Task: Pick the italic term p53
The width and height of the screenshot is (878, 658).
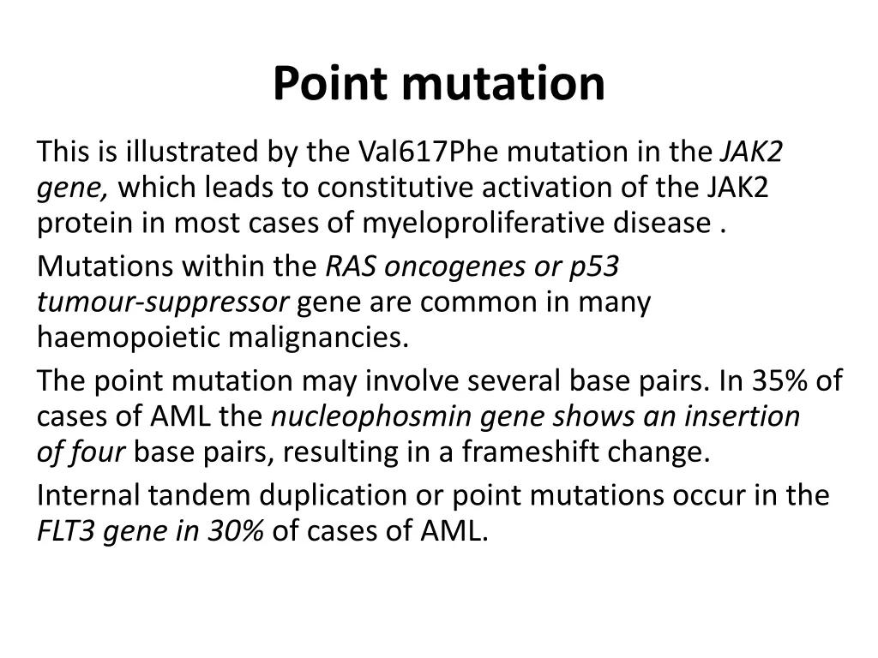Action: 593,267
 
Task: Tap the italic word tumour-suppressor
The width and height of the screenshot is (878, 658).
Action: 162,302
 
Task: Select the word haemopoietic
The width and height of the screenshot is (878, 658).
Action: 129,338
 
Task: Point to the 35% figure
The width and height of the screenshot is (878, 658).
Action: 777,380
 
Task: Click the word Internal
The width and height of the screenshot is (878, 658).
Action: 89,495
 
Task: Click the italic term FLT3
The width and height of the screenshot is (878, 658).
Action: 66,531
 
